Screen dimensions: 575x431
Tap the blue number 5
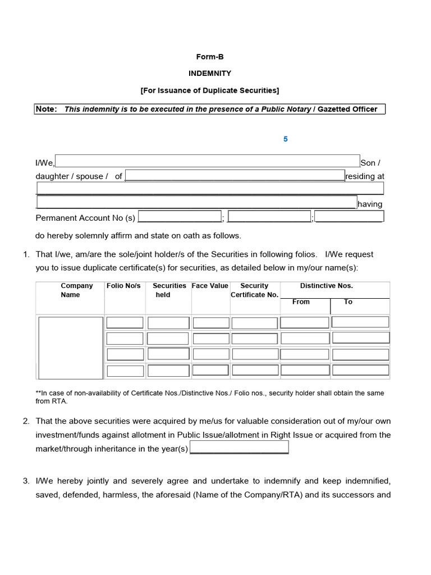285,139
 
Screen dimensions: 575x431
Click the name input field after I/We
207,161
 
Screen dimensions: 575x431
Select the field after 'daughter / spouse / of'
235,176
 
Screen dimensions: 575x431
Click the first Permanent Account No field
180,217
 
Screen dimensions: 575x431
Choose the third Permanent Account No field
349,217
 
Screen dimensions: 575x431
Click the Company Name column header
77,290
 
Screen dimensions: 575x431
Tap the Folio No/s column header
123,286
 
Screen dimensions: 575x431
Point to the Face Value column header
210,286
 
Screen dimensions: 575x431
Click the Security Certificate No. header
254,290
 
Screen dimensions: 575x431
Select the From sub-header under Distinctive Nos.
301,302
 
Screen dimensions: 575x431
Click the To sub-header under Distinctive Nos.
348,302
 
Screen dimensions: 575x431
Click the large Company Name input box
71,347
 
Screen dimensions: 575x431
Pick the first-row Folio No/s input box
125,323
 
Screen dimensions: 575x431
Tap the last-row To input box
360,370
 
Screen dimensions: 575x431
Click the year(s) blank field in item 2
239,448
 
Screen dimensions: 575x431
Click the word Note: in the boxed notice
46,109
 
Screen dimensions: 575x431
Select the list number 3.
26,481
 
